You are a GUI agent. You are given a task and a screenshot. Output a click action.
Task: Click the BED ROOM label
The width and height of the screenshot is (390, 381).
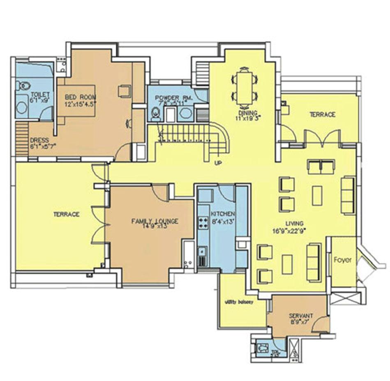(x=80, y=100)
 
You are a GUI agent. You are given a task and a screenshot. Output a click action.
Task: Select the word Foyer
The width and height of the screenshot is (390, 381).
(x=342, y=260)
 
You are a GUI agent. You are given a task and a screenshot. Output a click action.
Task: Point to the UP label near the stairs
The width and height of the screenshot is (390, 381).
(x=218, y=163)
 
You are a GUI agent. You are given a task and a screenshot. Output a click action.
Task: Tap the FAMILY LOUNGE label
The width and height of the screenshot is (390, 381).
(x=155, y=223)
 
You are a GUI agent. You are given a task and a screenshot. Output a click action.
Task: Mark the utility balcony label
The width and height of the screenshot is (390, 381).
(x=238, y=301)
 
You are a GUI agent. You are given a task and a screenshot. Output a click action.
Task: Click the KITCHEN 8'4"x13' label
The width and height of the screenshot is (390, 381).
(x=223, y=217)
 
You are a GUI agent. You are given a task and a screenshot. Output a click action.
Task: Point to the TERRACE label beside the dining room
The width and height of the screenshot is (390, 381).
(x=323, y=114)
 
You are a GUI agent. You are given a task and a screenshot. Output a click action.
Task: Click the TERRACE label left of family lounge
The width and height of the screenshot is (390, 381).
(x=66, y=214)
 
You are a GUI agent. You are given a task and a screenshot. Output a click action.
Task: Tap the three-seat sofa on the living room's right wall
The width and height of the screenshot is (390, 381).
(x=348, y=195)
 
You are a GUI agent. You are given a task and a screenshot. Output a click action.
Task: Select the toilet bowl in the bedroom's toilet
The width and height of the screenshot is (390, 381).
(x=23, y=85)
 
